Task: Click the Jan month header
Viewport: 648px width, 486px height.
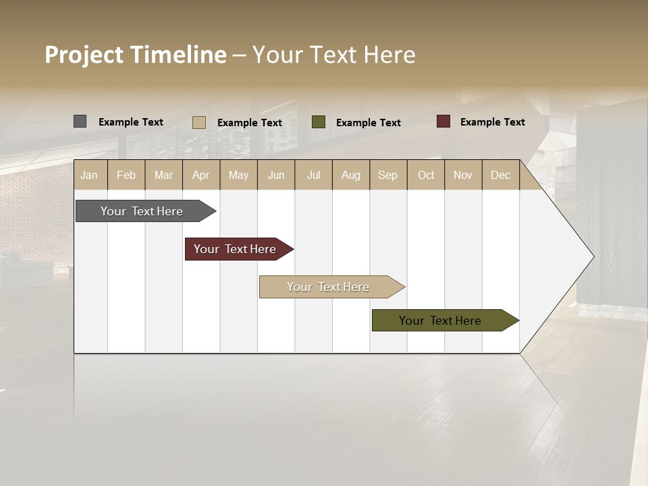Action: click(90, 175)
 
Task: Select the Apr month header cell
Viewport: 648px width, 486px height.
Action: click(201, 175)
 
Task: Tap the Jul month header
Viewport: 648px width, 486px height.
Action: click(313, 175)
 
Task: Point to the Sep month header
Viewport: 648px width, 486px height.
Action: click(387, 175)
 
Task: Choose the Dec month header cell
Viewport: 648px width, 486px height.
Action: click(500, 175)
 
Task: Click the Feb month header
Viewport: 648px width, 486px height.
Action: click(126, 175)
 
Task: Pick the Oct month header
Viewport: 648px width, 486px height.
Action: click(426, 175)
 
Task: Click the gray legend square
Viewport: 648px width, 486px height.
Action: click(80, 122)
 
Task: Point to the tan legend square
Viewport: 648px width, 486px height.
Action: click(199, 122)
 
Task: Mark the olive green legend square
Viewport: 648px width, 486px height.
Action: click(319, 122)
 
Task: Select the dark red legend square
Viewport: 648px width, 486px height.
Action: click(443, 122)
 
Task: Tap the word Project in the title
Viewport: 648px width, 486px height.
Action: click(84, 55)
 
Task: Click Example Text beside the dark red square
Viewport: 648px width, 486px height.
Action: click(493, 122)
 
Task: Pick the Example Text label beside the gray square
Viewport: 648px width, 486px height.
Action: click(131, 122)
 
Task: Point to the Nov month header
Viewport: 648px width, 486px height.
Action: click(463, 175)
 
